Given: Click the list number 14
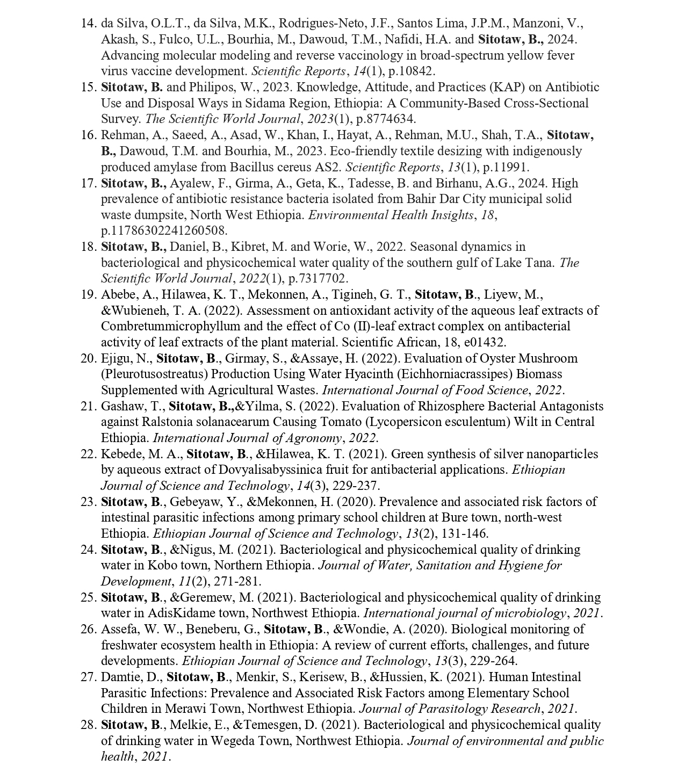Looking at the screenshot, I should (x=88, y=23).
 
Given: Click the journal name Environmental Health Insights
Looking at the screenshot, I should (x=391, y=215).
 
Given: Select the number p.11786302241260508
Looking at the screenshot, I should (x=164, y=230).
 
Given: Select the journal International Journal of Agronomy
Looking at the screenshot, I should (x=247, y=438).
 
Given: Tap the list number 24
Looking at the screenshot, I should (x=88, y=550).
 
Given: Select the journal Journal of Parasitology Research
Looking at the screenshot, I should (x=449, y=709).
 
